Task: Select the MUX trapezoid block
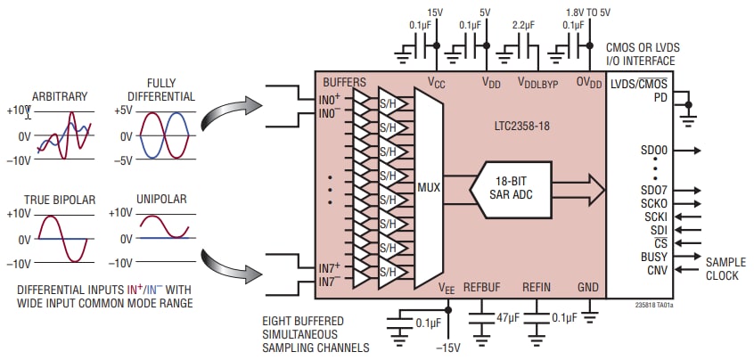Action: pos(430,188)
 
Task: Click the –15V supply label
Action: pos(447,346)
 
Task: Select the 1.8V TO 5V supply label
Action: pos(588,12)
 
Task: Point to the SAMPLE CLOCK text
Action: pos(725,269)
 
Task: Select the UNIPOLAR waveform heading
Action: pos(161,199)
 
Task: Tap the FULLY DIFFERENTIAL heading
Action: pos(162,88)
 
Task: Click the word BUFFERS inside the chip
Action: pos(344,82)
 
